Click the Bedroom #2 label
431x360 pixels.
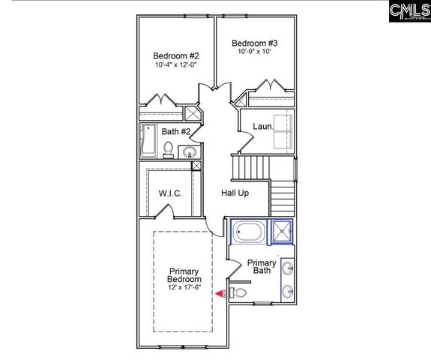coord(176,56)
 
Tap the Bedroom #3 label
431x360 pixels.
coord(254,43)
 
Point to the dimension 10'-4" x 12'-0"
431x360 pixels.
coord(176,67)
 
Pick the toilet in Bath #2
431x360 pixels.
coord(169,148)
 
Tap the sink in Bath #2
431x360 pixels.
coord(190,152)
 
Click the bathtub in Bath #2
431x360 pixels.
coord(148,141)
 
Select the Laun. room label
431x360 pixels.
coord(262,127)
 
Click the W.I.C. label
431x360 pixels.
coord(171,193)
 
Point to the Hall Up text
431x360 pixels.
coord(235,193)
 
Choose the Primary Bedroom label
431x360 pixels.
coord(184,275)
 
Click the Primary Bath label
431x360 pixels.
coord(262,267)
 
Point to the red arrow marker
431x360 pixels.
coord(220,293)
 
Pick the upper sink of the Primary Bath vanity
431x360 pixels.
coord(288,268)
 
